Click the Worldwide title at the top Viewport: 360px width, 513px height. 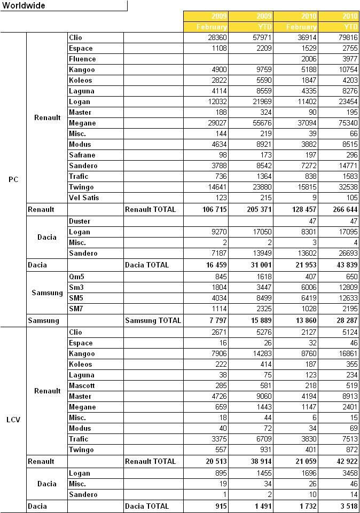pos(24,6)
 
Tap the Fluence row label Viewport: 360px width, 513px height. pos(82,59)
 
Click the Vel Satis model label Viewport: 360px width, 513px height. pos(84,198)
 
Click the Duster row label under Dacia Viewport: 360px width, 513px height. pos(80,222)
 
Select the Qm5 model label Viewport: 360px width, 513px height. pos(76,277)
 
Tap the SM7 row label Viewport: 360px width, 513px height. pos(76,309)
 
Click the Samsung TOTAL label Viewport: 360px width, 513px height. pos(153,321)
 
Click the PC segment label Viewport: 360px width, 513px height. pos(13,179)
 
